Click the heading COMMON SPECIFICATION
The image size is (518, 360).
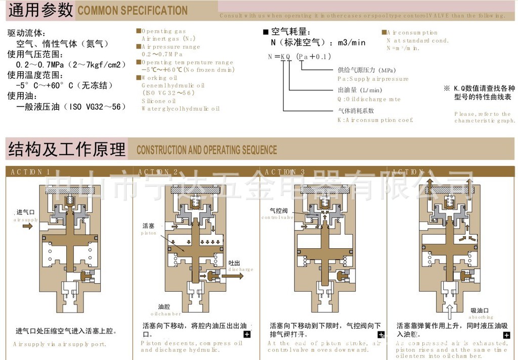coord(133,11)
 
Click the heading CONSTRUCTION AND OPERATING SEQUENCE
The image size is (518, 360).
coord(206,150)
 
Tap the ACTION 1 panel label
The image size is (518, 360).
coord(30,172)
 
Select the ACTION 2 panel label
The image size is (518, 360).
coord(158,172)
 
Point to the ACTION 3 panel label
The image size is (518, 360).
coord(285,172)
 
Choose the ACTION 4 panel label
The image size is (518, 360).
coord(412,172)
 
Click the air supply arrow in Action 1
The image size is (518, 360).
coord(27,226)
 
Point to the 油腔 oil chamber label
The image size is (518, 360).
coord(164,307)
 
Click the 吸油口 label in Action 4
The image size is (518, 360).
coord(482,310)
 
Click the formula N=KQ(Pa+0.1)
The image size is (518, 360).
coord(299,57)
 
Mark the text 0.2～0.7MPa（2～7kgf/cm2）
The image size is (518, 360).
coord(71,65)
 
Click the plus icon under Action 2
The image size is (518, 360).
coord(247,334)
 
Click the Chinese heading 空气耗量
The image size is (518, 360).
coord(290,32)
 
